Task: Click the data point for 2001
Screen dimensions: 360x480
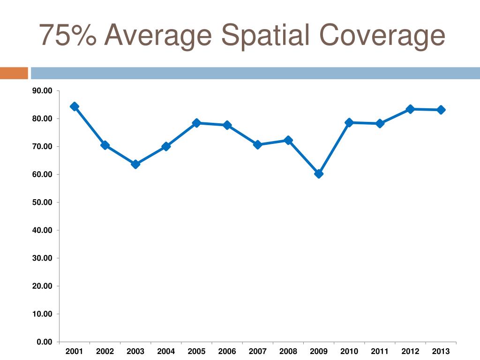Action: tap(75, 106)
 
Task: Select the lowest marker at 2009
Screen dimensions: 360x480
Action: tap(319, 174)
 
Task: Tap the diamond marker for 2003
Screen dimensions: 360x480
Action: tap(135, 164)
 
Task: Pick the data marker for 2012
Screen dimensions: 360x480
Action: tap(410, 109)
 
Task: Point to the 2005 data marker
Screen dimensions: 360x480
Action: tap(196, 123)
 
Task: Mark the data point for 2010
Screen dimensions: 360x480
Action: tap(349, 122)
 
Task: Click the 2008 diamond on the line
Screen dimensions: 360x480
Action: tap(288, 140)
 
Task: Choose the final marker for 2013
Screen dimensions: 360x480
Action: tap(441, 110)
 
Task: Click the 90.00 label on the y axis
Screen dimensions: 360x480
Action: tap(42, 91)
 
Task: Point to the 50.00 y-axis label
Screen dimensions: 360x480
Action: tap(42, 202)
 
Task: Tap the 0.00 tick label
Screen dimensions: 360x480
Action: tap(45, 342)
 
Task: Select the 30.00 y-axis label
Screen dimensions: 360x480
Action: tap(42, 258)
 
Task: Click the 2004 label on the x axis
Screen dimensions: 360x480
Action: tap(166, 352)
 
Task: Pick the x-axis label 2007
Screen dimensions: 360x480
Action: tap(257, 352)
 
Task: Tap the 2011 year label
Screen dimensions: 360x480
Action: tap(380, 352)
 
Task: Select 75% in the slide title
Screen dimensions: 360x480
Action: tap(68, 36)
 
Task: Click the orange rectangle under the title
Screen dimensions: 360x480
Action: tap(14, 73)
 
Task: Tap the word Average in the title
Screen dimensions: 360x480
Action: tap(157, 36)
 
